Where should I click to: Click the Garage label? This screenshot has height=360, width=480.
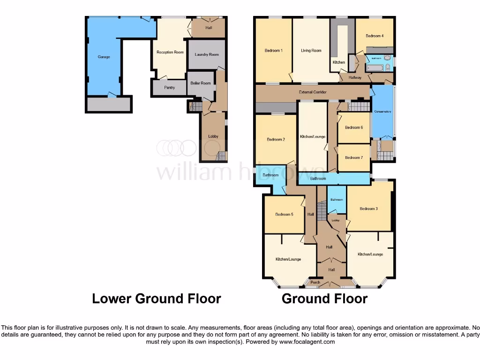pyautogui.click(x=104, y=57)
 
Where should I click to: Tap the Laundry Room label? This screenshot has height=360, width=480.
pyautogui.click(x=207, y=55)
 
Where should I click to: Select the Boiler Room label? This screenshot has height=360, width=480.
pyautogui.click(x=201, y=83)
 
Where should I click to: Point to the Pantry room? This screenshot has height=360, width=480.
pyautogui.click(x=169, y=88)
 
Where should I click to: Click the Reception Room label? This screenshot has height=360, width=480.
pyautogui.click(x=170, y=52)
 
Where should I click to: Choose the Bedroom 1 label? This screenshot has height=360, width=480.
pyautogui.click(x=273, y=51)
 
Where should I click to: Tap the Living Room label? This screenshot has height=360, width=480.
pyautogui.click(x=311, y=51)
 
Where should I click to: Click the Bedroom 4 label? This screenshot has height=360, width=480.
pyautogui.click(x=375, y=36)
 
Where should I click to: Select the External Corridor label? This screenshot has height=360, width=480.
pyautogui.click(x=313, y=92)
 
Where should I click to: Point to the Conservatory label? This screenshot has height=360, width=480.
pyautogui.click(x=382, y=112)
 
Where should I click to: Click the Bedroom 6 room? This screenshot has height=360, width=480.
pyautogui.click(x=354, y=127)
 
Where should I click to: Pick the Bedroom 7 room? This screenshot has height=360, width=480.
pyautogui.click(x=354, y=157)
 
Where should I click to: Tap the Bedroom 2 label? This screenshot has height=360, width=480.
pyautogui.click(x=276, y=139)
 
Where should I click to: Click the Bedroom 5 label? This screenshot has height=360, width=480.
pyautogui.click(x=284, y=215)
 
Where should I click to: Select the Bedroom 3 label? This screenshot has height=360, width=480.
pyautogui.click(x=368, y=209)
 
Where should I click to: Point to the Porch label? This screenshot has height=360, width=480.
pyautogui.click(x=315, y=282)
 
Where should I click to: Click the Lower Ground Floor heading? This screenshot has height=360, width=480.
pyautogui.click(x=157, y=299)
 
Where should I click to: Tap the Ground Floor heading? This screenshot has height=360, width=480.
pyautogui.click(x=324, y=299)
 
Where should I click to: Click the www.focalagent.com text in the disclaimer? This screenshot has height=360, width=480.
pyautogui.click(x=307, y=342)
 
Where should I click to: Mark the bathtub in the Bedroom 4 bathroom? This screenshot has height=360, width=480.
pyautogui.click(x=375, y=68)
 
